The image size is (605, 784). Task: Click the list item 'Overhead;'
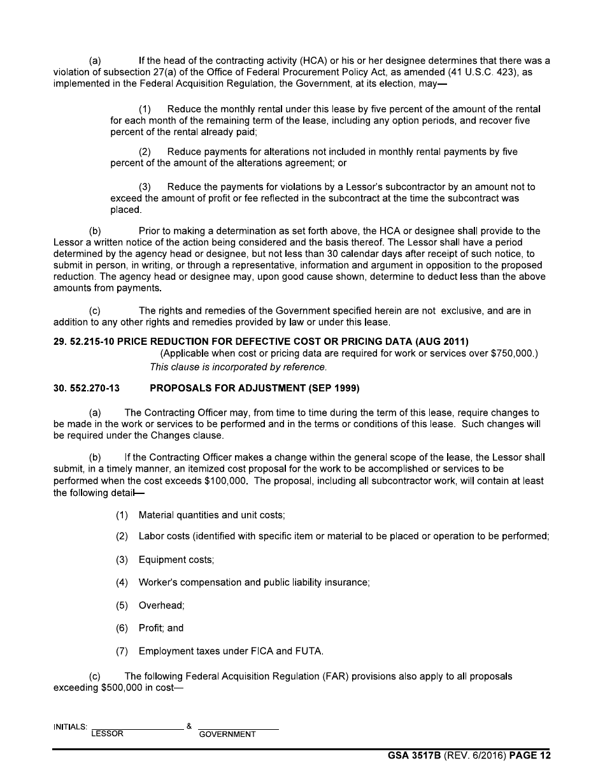(x=161, y=605)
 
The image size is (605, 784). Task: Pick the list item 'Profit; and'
(x=161, y=628)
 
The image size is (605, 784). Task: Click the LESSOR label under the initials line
(x=108, y=734)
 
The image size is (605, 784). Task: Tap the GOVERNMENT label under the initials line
(x=227, y=734)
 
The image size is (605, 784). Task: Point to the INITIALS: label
(x=70, y=727)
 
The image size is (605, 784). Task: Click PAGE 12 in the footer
(x=530, y=756)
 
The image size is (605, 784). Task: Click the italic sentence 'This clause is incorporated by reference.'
(x=238, y=367)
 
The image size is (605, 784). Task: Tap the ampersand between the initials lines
(x=189, y=726)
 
